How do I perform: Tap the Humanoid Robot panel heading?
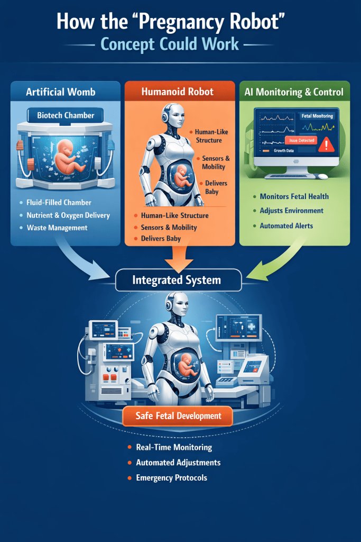pyautogui.click(x=178, y=92)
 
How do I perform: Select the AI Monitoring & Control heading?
pyautogui.click(x=294, y=92)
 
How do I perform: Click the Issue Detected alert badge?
pyautogui.click(x=301, y=140)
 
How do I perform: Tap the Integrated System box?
pyautogui.click(x=178, y=280)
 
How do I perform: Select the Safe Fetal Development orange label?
pyautogui.click(x=178, y=416)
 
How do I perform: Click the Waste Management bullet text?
pyautogui.click(x=57, y=228)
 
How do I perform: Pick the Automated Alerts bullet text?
pyautogui.click(x=286, y=225)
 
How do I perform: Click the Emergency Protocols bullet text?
pyautogui.click(x=171, y=477)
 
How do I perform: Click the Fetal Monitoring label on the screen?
pyautogui.click(x=317, y=115)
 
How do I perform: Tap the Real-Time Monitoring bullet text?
pyautogui.click(x=173, y=447)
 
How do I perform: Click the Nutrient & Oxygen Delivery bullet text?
pyautogui.click(x=68, y=215)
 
